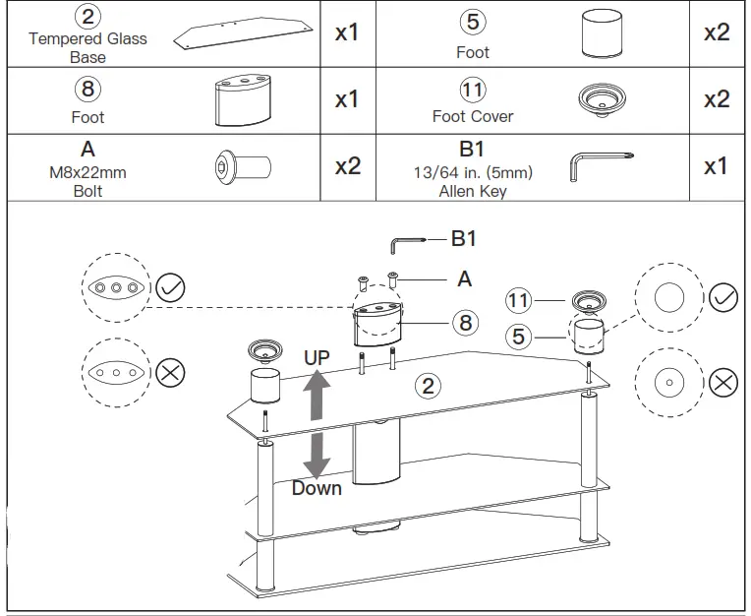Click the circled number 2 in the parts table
[87, 18]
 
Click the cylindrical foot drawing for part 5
[602, 35]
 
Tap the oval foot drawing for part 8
[242, 100]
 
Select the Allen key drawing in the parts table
[602, 165]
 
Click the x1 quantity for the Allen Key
[716, 166]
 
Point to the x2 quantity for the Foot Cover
[716, 99]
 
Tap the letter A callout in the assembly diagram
[464, 279]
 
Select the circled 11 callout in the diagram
[519, 299]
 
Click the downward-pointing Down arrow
[317, 455]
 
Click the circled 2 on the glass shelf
[428, 385]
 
